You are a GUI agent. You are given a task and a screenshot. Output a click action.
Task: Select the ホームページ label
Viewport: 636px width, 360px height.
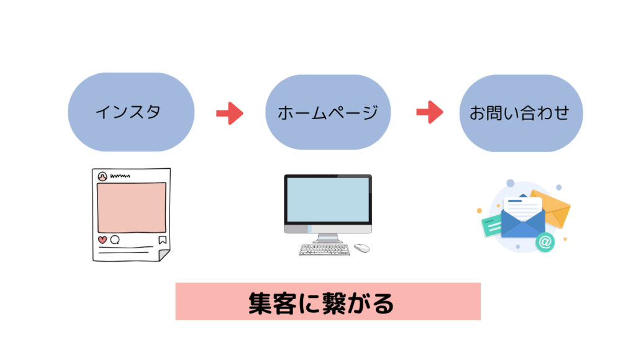click(327, 112)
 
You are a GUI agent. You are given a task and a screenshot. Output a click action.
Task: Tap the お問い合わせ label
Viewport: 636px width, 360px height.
click(520, 113)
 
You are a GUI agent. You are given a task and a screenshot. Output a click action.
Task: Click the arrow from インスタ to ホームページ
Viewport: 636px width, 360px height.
click(229, 113)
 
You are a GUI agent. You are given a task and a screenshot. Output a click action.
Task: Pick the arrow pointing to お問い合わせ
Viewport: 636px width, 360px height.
click(429, 112)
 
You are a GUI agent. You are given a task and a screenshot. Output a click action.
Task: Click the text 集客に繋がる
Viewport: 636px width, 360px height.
click(327, 302)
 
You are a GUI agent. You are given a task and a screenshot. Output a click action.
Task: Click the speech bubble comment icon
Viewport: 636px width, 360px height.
click(115, 240)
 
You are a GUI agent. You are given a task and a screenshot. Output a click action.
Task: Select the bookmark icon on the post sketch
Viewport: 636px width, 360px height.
click(162, 240)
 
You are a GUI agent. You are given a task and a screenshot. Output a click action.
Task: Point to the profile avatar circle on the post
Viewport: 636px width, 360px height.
click(102, 176)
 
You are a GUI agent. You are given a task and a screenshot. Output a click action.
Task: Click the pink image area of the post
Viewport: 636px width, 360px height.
click(132, 207)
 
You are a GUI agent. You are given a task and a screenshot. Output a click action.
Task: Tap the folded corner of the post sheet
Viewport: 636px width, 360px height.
click(163, 254)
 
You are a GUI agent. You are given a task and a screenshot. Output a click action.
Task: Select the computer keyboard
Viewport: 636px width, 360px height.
click(324, 250)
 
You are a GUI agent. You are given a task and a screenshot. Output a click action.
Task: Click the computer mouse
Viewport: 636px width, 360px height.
click(361, 248)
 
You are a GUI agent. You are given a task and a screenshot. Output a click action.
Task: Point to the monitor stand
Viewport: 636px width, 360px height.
click(328, 238)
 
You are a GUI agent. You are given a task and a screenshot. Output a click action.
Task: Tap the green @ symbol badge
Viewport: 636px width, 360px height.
click(545, 242)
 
